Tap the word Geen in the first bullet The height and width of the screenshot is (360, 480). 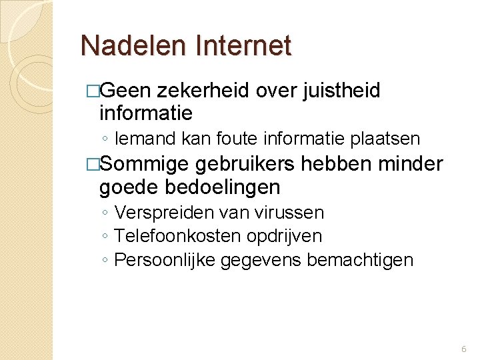129,91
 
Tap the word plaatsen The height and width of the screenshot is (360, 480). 390,139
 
